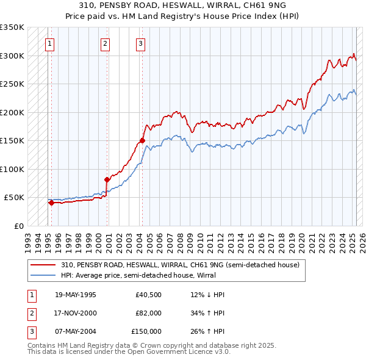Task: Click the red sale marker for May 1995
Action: click(x=51, y=203)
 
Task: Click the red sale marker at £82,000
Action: click(x=107, y=179)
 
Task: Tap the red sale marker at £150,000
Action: click(x=142, y=141)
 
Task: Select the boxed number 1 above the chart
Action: click(x=49, y=43)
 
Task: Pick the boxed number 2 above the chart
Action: click(x=105, y=43)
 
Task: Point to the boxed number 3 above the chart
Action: click(x=140, y=43)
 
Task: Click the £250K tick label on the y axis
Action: click(x=12, y=84)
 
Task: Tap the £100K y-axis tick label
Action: click(x=12, y=169)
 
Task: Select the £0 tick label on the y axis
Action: click(x=18, y=226)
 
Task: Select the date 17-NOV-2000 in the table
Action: click(x=76, y=313)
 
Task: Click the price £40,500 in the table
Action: click(x=148, y=295)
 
